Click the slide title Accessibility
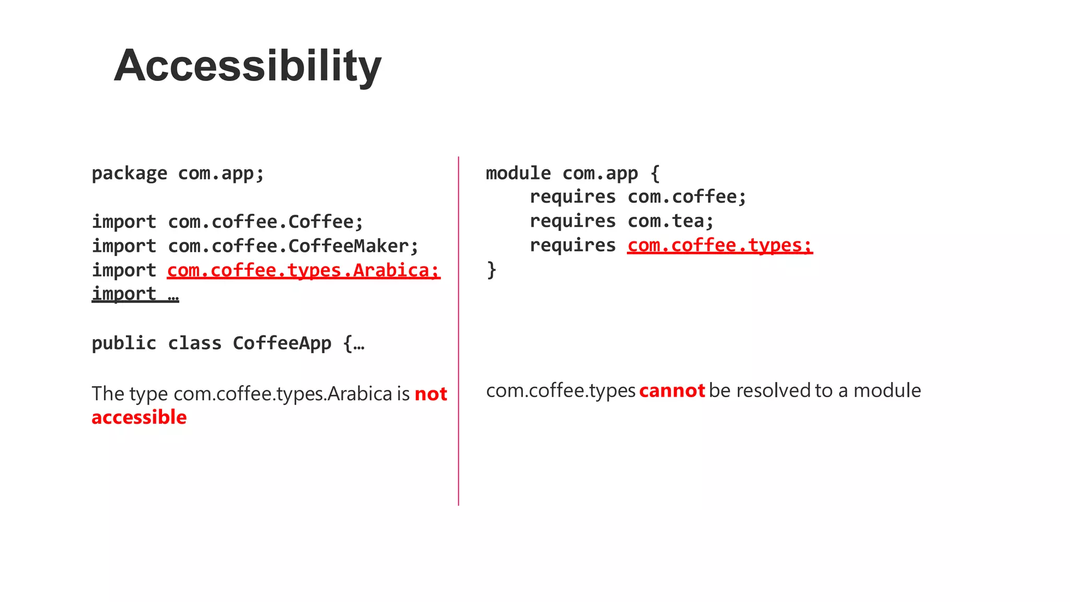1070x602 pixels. click(x=248, y=66)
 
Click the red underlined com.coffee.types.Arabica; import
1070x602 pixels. click(x=304, y=270)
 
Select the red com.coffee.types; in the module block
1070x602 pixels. click(x=720, y=245)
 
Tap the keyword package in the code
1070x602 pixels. click(x=130, y=173)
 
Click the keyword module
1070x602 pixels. click(x=518, y=173)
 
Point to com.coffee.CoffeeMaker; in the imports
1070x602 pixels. click(x=293, y=246)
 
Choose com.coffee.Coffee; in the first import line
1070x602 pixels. click(x=265, y=222)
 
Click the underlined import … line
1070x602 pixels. click(x=135, y=294)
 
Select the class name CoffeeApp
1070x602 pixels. click(x=282, y=343)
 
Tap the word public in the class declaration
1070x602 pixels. click(x=124, y=343)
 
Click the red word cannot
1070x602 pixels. click(x=672, y=390)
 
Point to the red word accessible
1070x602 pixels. click(x=139, y=418)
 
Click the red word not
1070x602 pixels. click(x=431, y=394)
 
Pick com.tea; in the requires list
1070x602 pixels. click(x=670, y=221)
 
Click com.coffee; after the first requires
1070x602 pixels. click(x=687, y=197)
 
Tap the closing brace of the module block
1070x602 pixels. click(x=491, y=270)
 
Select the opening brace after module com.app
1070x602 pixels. click(x=655, y=173)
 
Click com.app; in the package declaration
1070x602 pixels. click(x=221, y=173)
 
